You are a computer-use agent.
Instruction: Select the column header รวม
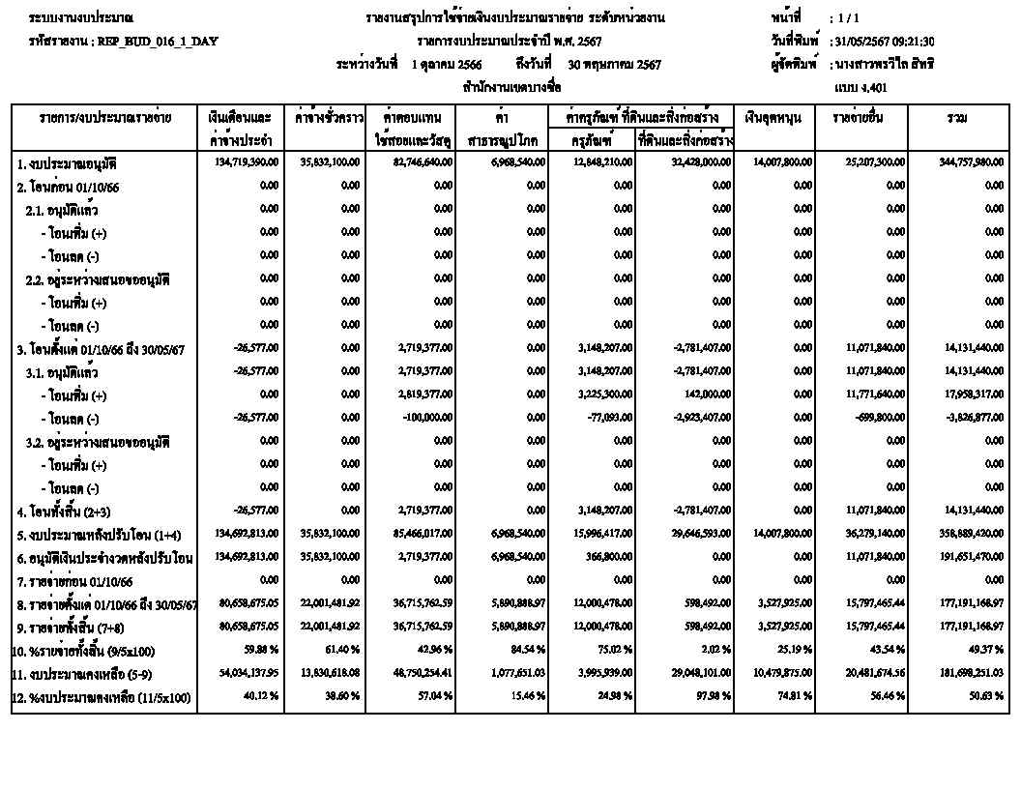tap(957, 118)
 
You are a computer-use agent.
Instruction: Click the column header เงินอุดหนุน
tap(773, 118)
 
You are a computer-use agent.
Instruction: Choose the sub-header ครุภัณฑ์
tap(592, 140)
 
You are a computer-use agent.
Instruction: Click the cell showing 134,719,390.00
tap(245, 162)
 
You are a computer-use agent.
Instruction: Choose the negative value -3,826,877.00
tap(973, 419)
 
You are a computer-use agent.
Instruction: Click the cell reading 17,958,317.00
tap(973, 395)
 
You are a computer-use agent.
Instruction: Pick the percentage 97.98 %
tap(711, 696)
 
